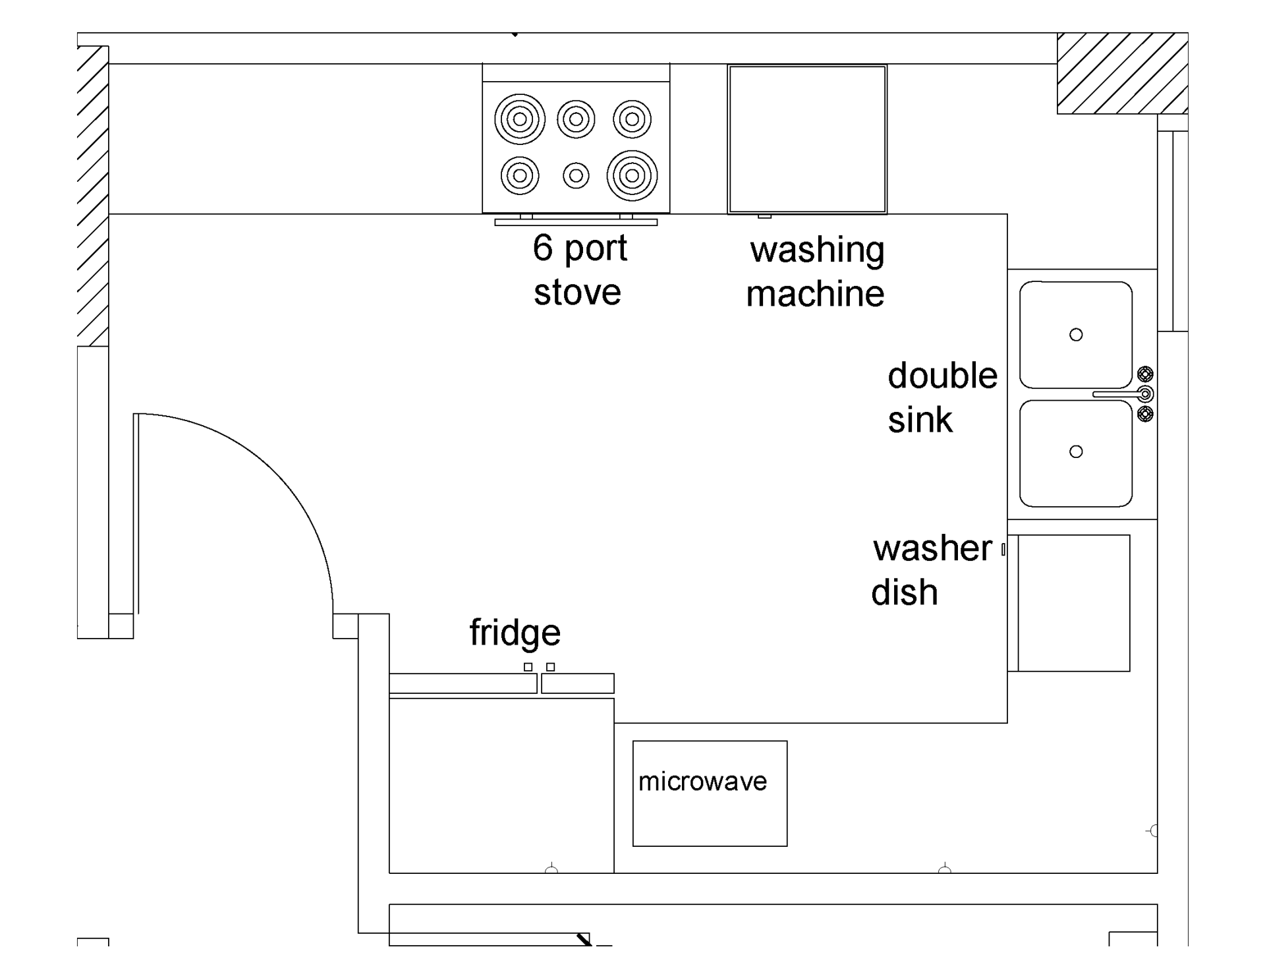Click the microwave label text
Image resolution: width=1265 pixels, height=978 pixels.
click(x=702, y=782)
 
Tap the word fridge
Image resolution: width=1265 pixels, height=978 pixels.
click(x=515, y=633)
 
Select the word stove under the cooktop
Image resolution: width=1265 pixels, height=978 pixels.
click(x=577, y=293)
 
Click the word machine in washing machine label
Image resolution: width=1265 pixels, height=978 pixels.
click(x=815, y=294)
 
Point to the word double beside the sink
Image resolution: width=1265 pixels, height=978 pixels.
click(x=942, y=376)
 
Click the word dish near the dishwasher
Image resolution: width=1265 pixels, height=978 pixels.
click(x=904, y=592)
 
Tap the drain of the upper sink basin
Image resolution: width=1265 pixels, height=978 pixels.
click(x=1076, y=335)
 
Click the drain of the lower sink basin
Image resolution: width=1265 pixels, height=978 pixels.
click(x=1076, y=451)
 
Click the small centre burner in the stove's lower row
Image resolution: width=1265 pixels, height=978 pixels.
click(x=576, y=176)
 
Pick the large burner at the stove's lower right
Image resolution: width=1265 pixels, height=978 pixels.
click(x=632, y=176)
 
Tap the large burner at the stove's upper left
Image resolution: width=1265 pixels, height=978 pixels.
click(x=520, y=119)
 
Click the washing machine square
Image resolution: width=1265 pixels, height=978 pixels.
click(x=807, y=139)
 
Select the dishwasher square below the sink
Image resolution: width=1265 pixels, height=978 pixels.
click(x=1073, y=603)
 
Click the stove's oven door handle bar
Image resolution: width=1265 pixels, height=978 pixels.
click(x=576, y=223)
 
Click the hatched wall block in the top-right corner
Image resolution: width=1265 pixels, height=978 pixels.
click(x=1122, y=73)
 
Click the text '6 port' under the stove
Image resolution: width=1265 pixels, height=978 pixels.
click(x=579, y=248)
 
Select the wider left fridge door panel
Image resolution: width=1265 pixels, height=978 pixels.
click(x=463, y=683)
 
